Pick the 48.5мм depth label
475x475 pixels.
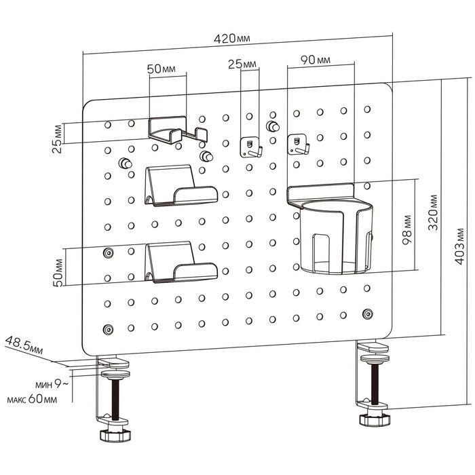pyautogui.click(x=24, y=345)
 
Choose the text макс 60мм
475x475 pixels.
pyautogui.click(x=32, y=399)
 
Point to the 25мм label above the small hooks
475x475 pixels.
pyautogui.click(x=242, y=64)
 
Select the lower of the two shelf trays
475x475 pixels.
pyautogui.click(x=180, y=264)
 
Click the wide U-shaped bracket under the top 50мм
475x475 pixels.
pyautogui.click(x=176, y=130)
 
